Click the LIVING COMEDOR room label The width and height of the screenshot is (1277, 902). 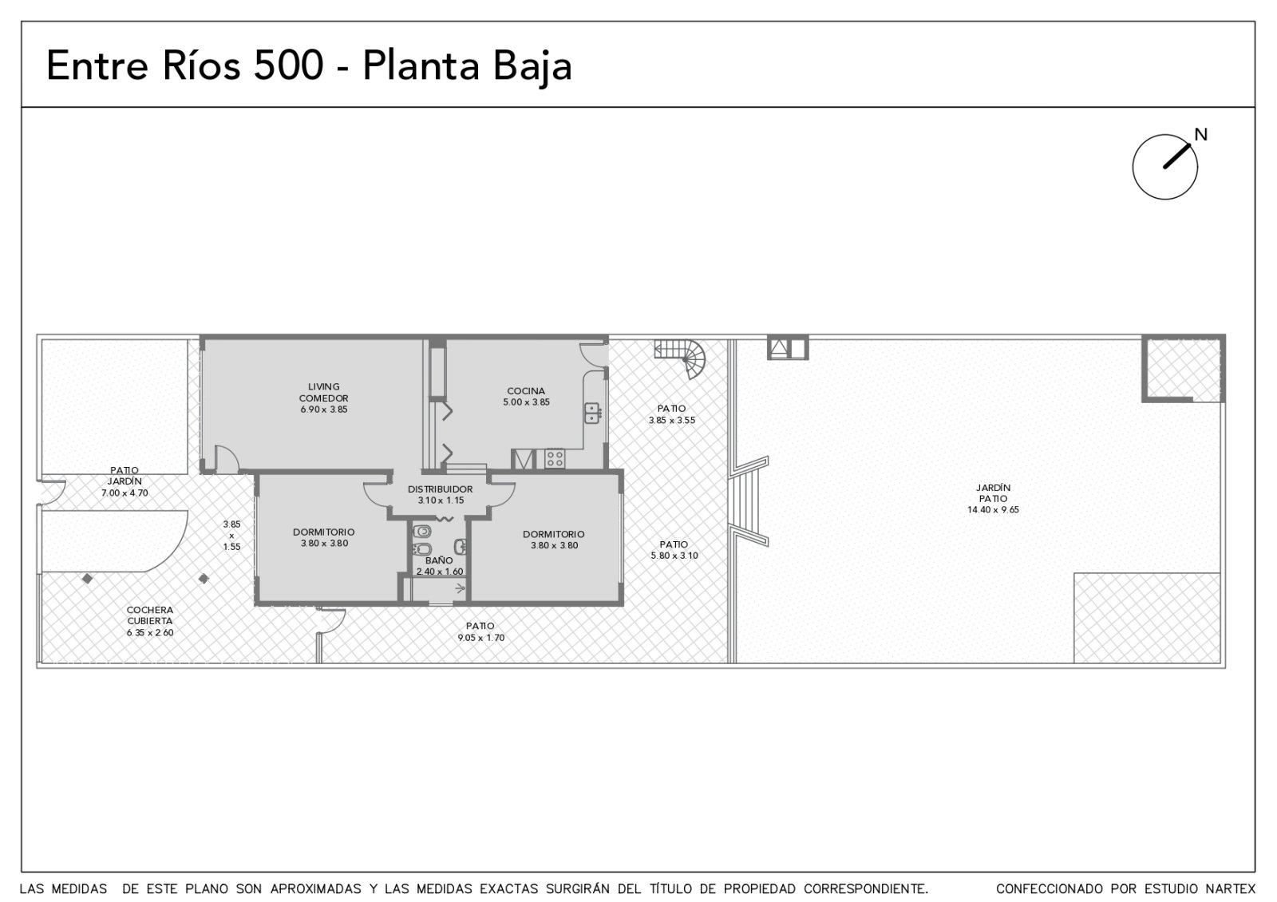click(324, 392)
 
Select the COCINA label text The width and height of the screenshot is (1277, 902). click(526, 391)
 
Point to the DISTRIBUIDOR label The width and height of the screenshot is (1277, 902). click(440, 489)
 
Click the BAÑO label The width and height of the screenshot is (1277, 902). click(439, 560)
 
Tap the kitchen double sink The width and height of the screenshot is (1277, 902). click(591, 413)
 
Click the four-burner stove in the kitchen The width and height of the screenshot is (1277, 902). click(555, 458)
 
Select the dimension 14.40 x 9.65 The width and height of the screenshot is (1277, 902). click(993, 510)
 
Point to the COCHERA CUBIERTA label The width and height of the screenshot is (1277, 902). click(150, 615)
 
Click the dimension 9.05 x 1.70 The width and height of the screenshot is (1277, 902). click(480, 638)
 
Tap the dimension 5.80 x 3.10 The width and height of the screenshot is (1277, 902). click(674, 556)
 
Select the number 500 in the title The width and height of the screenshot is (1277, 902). click(288, 65)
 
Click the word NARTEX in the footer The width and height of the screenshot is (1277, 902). click(1231, 889)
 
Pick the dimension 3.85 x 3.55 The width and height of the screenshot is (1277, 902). click(671, 420)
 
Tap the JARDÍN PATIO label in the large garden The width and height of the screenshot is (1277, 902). click(993, 493)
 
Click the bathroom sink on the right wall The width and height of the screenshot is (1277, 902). click(461, 547)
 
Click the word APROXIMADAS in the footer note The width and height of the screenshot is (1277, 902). click(316, 889)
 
